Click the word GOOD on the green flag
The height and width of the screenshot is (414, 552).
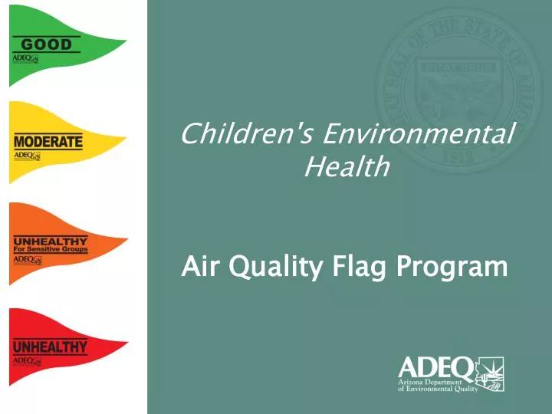point(46,44)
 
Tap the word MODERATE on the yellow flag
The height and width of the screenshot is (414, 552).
point(48,142)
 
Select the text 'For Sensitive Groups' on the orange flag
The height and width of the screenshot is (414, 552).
point(50,249)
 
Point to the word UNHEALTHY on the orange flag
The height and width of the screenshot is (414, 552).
point(50,241)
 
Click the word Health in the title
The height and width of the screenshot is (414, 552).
point(347,166)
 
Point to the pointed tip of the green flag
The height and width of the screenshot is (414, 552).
point(124,44)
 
